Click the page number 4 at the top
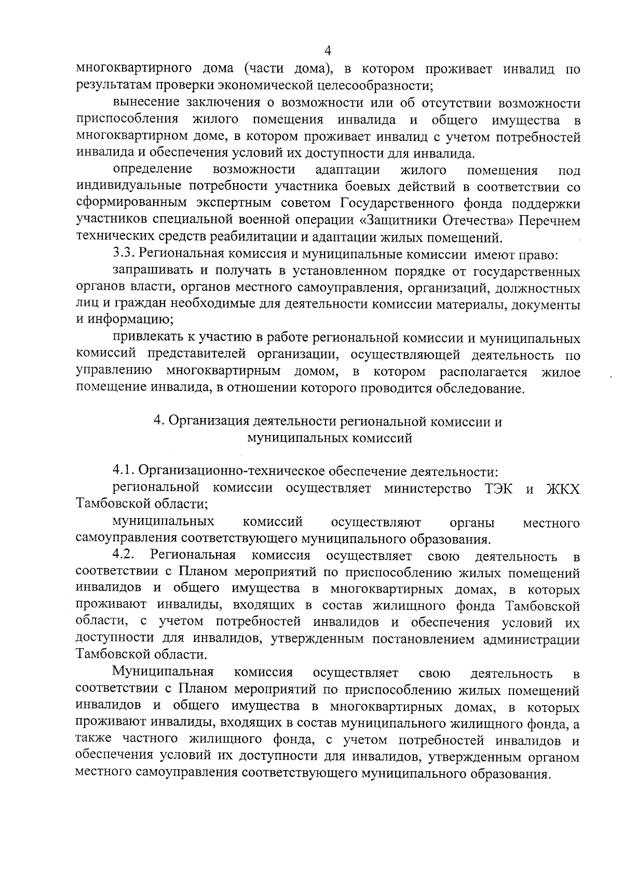pos(327,51)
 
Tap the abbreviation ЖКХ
pos(563,489)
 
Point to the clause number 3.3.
pos(124,255)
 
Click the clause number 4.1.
pos(124,471)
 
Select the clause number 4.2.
pos(124,555)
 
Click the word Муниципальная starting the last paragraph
pos(163,673)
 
